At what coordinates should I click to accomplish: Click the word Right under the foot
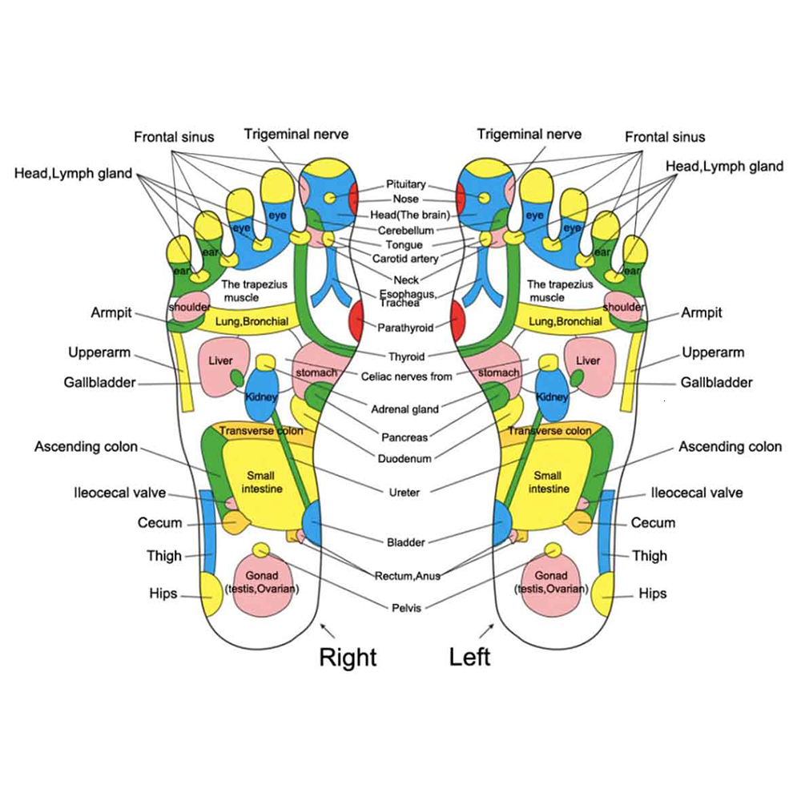(x=348, y=658)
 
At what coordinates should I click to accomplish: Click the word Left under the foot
(x=469, y=658)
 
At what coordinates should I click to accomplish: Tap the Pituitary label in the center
(x=406, y=184)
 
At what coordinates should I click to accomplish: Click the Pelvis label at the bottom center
(x=406, y=608)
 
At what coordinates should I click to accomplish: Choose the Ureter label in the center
(x=405, y=493)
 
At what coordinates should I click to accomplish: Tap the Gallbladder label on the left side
(x=99, y=383)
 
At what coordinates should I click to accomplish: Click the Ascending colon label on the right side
(x=730, y=447)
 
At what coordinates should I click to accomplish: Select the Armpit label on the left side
(x=111, y=312)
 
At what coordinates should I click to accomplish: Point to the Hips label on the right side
(x=652, y=594)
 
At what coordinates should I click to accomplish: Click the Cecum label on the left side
(x=160, y=523)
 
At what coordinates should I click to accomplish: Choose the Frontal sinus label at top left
(x=174, y=137)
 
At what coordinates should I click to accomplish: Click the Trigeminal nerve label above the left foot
(x=529, y=135)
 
